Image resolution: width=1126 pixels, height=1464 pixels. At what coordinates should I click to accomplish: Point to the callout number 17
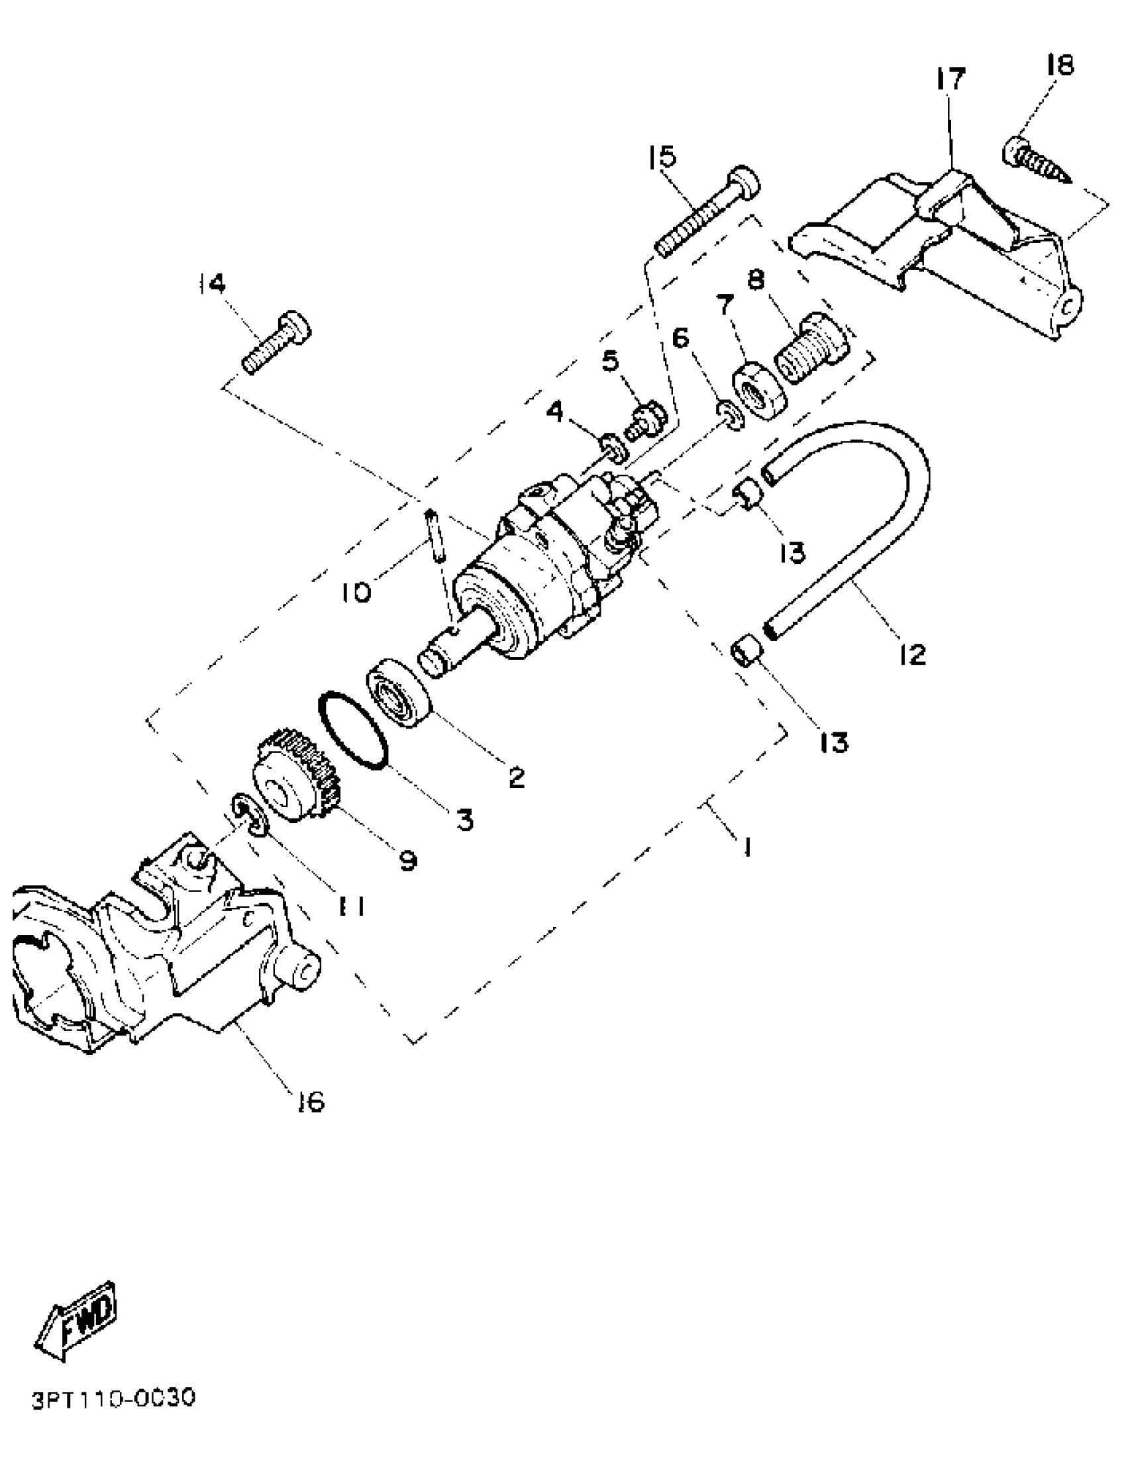(950, 79)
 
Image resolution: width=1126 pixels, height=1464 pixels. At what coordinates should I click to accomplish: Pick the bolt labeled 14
(277, 342)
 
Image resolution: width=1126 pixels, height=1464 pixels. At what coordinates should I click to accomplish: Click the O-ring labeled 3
(353, 730)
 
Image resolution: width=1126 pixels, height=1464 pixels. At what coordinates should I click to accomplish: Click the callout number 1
(746, 847)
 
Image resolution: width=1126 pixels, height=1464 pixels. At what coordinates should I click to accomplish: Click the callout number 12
(912, 654)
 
